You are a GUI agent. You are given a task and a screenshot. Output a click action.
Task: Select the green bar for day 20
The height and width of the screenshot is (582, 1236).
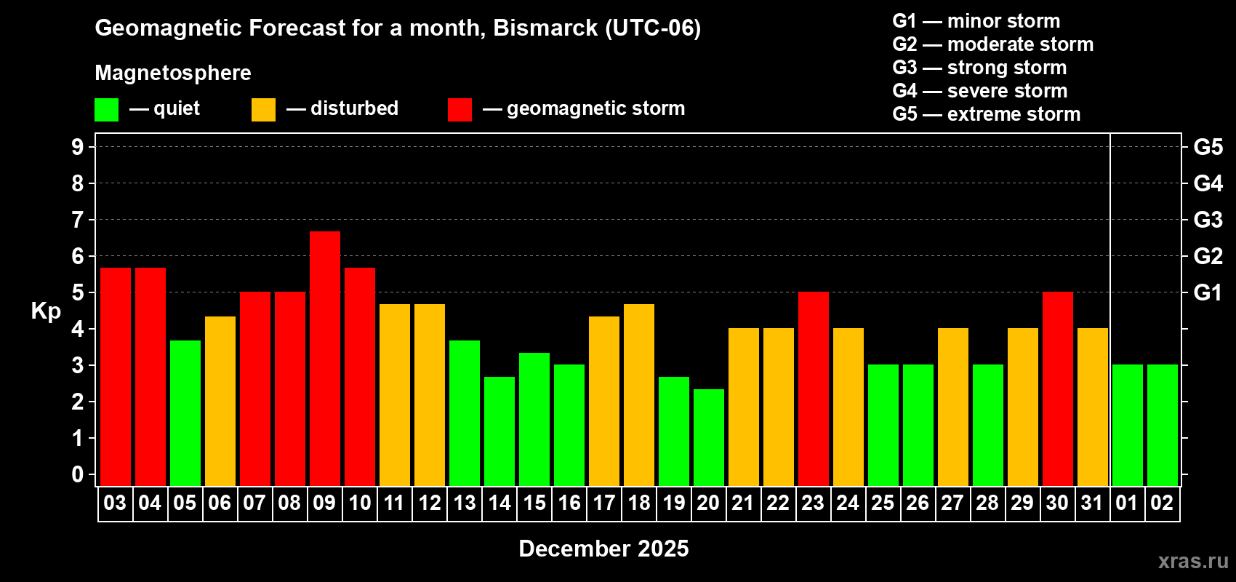point(708,437)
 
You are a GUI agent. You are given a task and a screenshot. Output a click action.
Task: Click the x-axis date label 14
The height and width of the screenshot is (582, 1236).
point(499,503)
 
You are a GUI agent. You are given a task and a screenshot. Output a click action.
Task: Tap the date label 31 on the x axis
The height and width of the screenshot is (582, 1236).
point(1092,503)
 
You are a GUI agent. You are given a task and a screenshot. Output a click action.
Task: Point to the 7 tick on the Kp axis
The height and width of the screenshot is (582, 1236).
point(78,220)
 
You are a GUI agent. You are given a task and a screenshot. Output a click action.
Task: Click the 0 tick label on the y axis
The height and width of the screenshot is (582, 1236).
point(78,475)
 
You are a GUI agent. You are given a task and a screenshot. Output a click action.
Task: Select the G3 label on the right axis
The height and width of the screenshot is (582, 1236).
point(1208,220)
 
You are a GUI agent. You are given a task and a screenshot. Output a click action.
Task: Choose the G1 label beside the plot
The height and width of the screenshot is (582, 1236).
point(1208,292)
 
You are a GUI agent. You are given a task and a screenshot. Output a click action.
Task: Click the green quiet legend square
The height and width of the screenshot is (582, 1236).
point(106,110)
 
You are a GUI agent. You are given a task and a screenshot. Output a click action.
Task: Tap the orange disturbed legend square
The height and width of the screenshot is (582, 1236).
point(263,110)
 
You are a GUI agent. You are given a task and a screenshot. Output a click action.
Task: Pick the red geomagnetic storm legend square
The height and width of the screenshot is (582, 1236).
point(460,110)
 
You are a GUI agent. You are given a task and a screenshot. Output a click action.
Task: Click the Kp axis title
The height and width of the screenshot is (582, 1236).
point(46,311)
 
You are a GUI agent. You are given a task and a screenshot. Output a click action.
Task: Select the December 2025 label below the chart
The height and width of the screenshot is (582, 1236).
point(603,549)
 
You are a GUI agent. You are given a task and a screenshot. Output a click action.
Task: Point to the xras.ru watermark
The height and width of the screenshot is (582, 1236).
point(1193,561)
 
